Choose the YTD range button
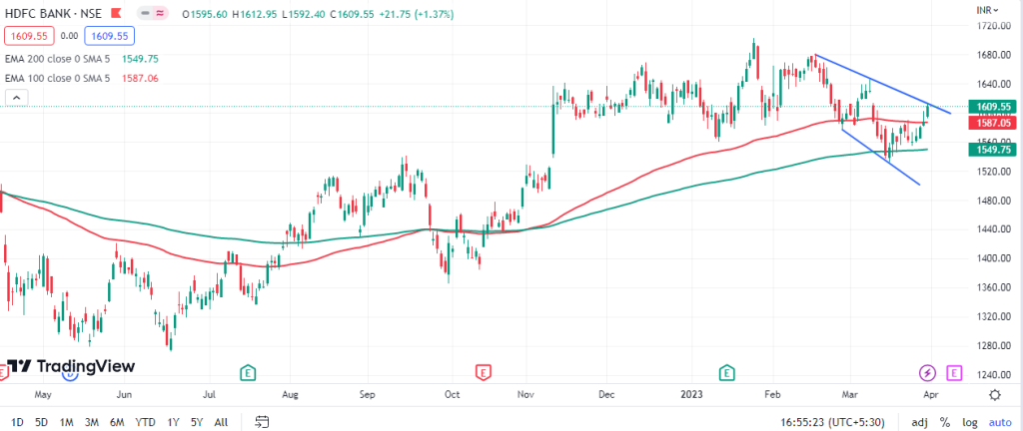(145, 422)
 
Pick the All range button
(221, 422)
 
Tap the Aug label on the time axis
(291, 394)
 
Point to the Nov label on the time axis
(525, 394)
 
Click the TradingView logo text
(73, 366)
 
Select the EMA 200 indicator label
(61, 59)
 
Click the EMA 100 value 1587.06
(141, 78)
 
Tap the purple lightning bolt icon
(929, 372)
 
